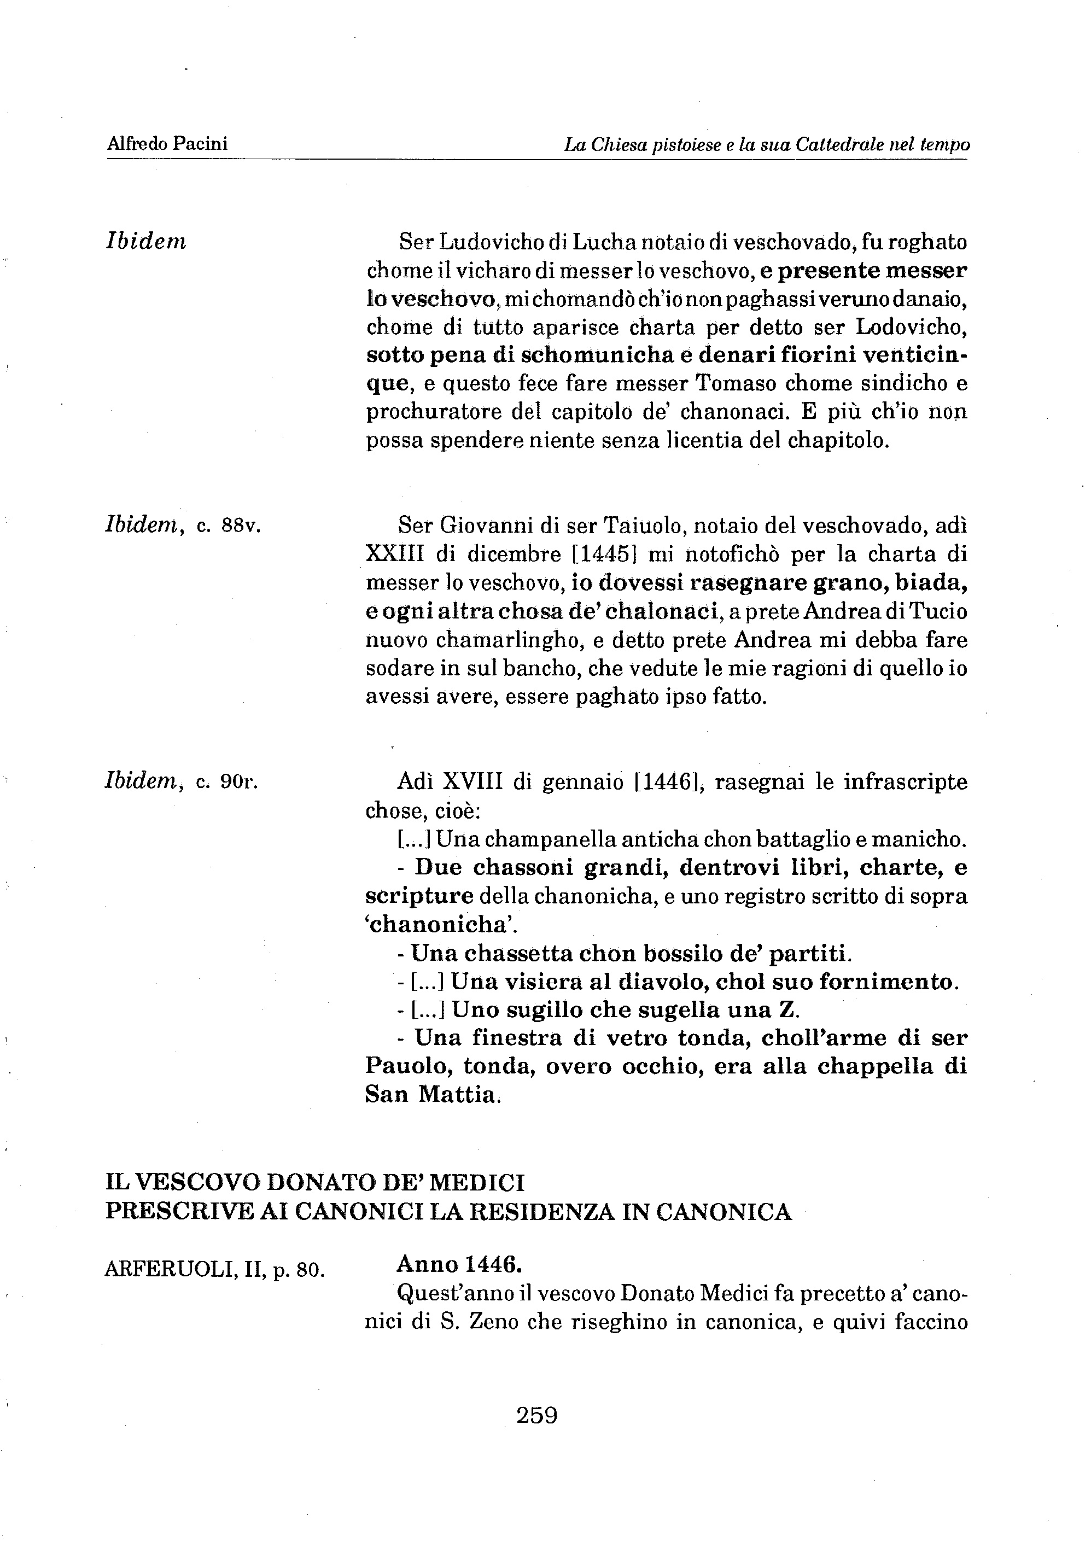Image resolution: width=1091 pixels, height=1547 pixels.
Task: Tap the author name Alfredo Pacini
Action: (x=167, y=143)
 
